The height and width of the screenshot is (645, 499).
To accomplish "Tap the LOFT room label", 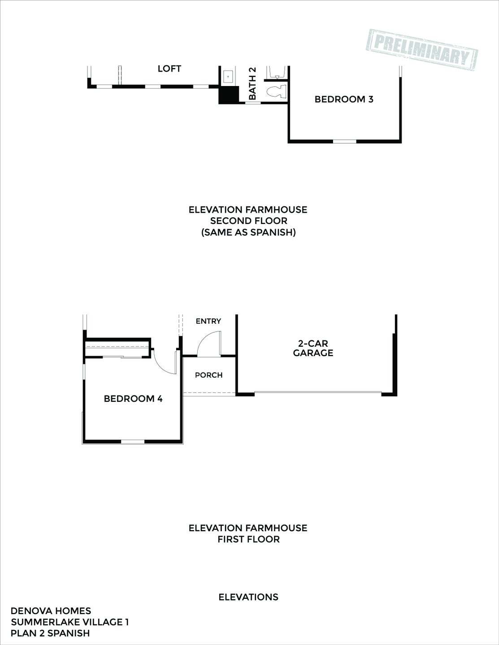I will [x=169, y=69].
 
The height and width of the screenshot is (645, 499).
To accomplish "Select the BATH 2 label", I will [x=252, y=83].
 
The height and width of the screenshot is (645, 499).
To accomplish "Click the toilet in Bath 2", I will [x=276, y=91].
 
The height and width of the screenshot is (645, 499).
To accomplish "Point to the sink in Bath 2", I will [x=228, y=77].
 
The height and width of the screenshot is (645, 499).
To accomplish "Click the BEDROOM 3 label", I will [x=344, y=99].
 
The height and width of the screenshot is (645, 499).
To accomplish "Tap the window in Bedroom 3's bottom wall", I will [x=344, y=142].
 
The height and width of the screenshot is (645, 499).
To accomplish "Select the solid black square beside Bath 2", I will [x=228, y=95].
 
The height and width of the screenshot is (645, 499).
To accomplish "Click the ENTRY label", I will [x=208, y=321].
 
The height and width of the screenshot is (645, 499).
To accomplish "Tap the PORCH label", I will [x=209, y=375].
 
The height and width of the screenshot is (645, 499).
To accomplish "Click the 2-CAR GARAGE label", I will [x=313, y=348].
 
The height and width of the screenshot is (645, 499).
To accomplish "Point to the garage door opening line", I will [x=317, y=393].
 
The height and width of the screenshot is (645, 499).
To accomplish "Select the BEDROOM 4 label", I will [x=133, y=399].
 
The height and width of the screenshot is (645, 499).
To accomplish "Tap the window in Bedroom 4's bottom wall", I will [x=133, y=442].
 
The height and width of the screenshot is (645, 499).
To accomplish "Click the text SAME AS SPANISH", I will [x=248, y=232].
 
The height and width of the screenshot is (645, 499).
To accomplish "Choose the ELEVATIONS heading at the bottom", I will [x=248, y=597].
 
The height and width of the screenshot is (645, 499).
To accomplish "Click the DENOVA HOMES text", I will [x=51, y=611].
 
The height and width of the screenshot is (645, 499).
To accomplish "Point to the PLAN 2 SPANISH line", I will [x=50, y=633].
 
